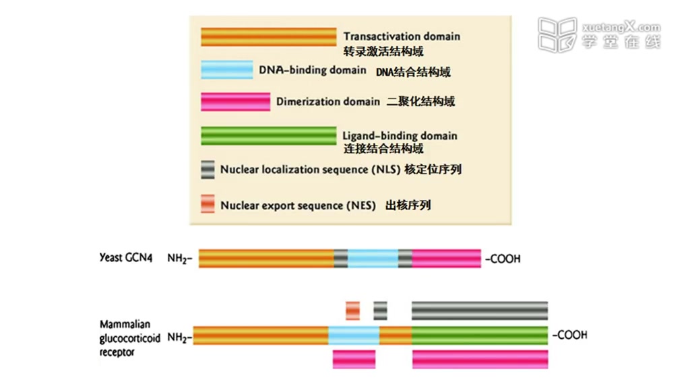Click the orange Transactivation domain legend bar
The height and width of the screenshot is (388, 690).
coord(268,37)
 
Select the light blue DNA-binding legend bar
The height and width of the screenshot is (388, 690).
coord(226,69)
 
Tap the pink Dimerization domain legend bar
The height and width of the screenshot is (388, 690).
coord(235,102)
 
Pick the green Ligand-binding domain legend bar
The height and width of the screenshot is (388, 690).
coord(268,135)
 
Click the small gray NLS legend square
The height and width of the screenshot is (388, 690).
coord(208,169)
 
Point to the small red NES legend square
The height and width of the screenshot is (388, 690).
coord(208,203)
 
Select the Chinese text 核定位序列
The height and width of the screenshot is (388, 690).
coord(433,170)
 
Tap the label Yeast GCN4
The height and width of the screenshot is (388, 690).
coord(125,258)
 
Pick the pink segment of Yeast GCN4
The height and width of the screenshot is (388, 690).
coord(447,258)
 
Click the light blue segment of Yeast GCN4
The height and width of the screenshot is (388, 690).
coord(373,258)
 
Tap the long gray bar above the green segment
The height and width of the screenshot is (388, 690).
coord(479,311)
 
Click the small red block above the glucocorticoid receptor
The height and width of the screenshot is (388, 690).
coord(352,311)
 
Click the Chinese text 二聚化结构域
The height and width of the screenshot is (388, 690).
coord(420,102)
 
